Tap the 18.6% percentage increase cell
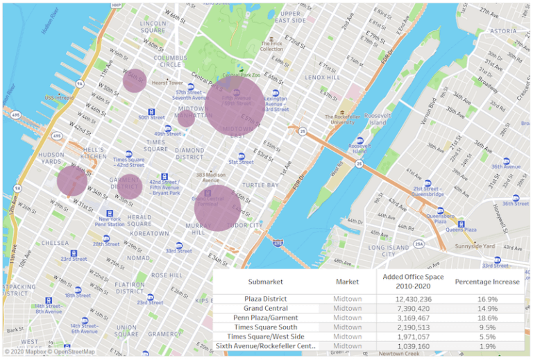point(487,318)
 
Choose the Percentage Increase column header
point(487,282)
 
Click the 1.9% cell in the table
point(487,345)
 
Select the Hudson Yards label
point(51,158)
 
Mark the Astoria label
point(503,31)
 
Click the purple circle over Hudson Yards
point(71,181)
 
